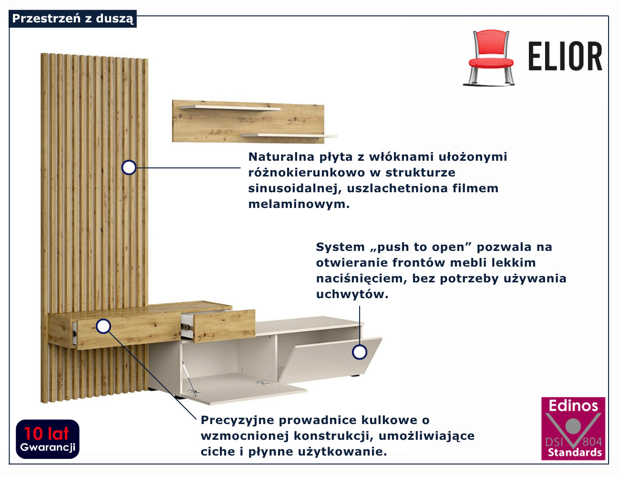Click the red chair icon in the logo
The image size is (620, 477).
pyautogui.click(x=490, y=57)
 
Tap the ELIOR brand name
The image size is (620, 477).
pyautogui.click(x=565, y=56)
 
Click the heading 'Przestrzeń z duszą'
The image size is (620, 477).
pyautogui.click(x=72, y=19)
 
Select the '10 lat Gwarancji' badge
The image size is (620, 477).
pyautogui.click(x=48, y=439)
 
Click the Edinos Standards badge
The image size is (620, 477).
pyautogui.click(x=573, y=428)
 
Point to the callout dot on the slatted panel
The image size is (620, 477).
pyautogui.click(x=129, y=167)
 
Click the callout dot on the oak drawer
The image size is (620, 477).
pyautogui.click(x=103, y=326)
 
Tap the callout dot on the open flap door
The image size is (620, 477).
pyautogui.click(x=359, y=352)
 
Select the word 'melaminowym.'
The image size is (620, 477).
pyautogui.click(x=299, y=204)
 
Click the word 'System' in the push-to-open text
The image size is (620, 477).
pyautogui.click(x=340, y=247)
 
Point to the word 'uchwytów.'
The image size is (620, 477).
pyautogui.click(x=352, y=294)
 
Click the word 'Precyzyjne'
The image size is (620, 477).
pyautogui.click(x=237, y=420)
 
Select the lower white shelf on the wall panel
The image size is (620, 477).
pyautogui.click(x=289, y=136)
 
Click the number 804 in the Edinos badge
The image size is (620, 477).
pyautogui.click(x=592, y=442)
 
